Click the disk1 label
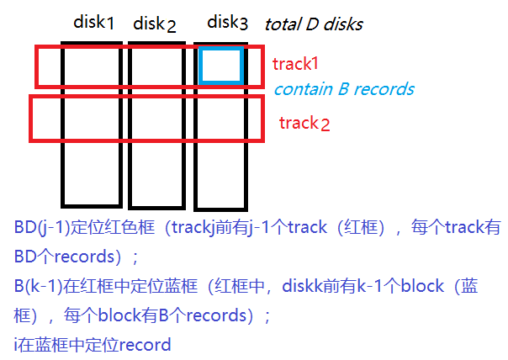(93, 22)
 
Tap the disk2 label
(154, 24)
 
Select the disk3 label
(227, 23)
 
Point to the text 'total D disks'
(313, 24)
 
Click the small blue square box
(221, 66)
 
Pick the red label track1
(296, 64)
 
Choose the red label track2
(304, 124)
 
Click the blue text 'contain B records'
(344, 89)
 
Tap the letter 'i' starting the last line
(17, 345)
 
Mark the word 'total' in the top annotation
(282, 24)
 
